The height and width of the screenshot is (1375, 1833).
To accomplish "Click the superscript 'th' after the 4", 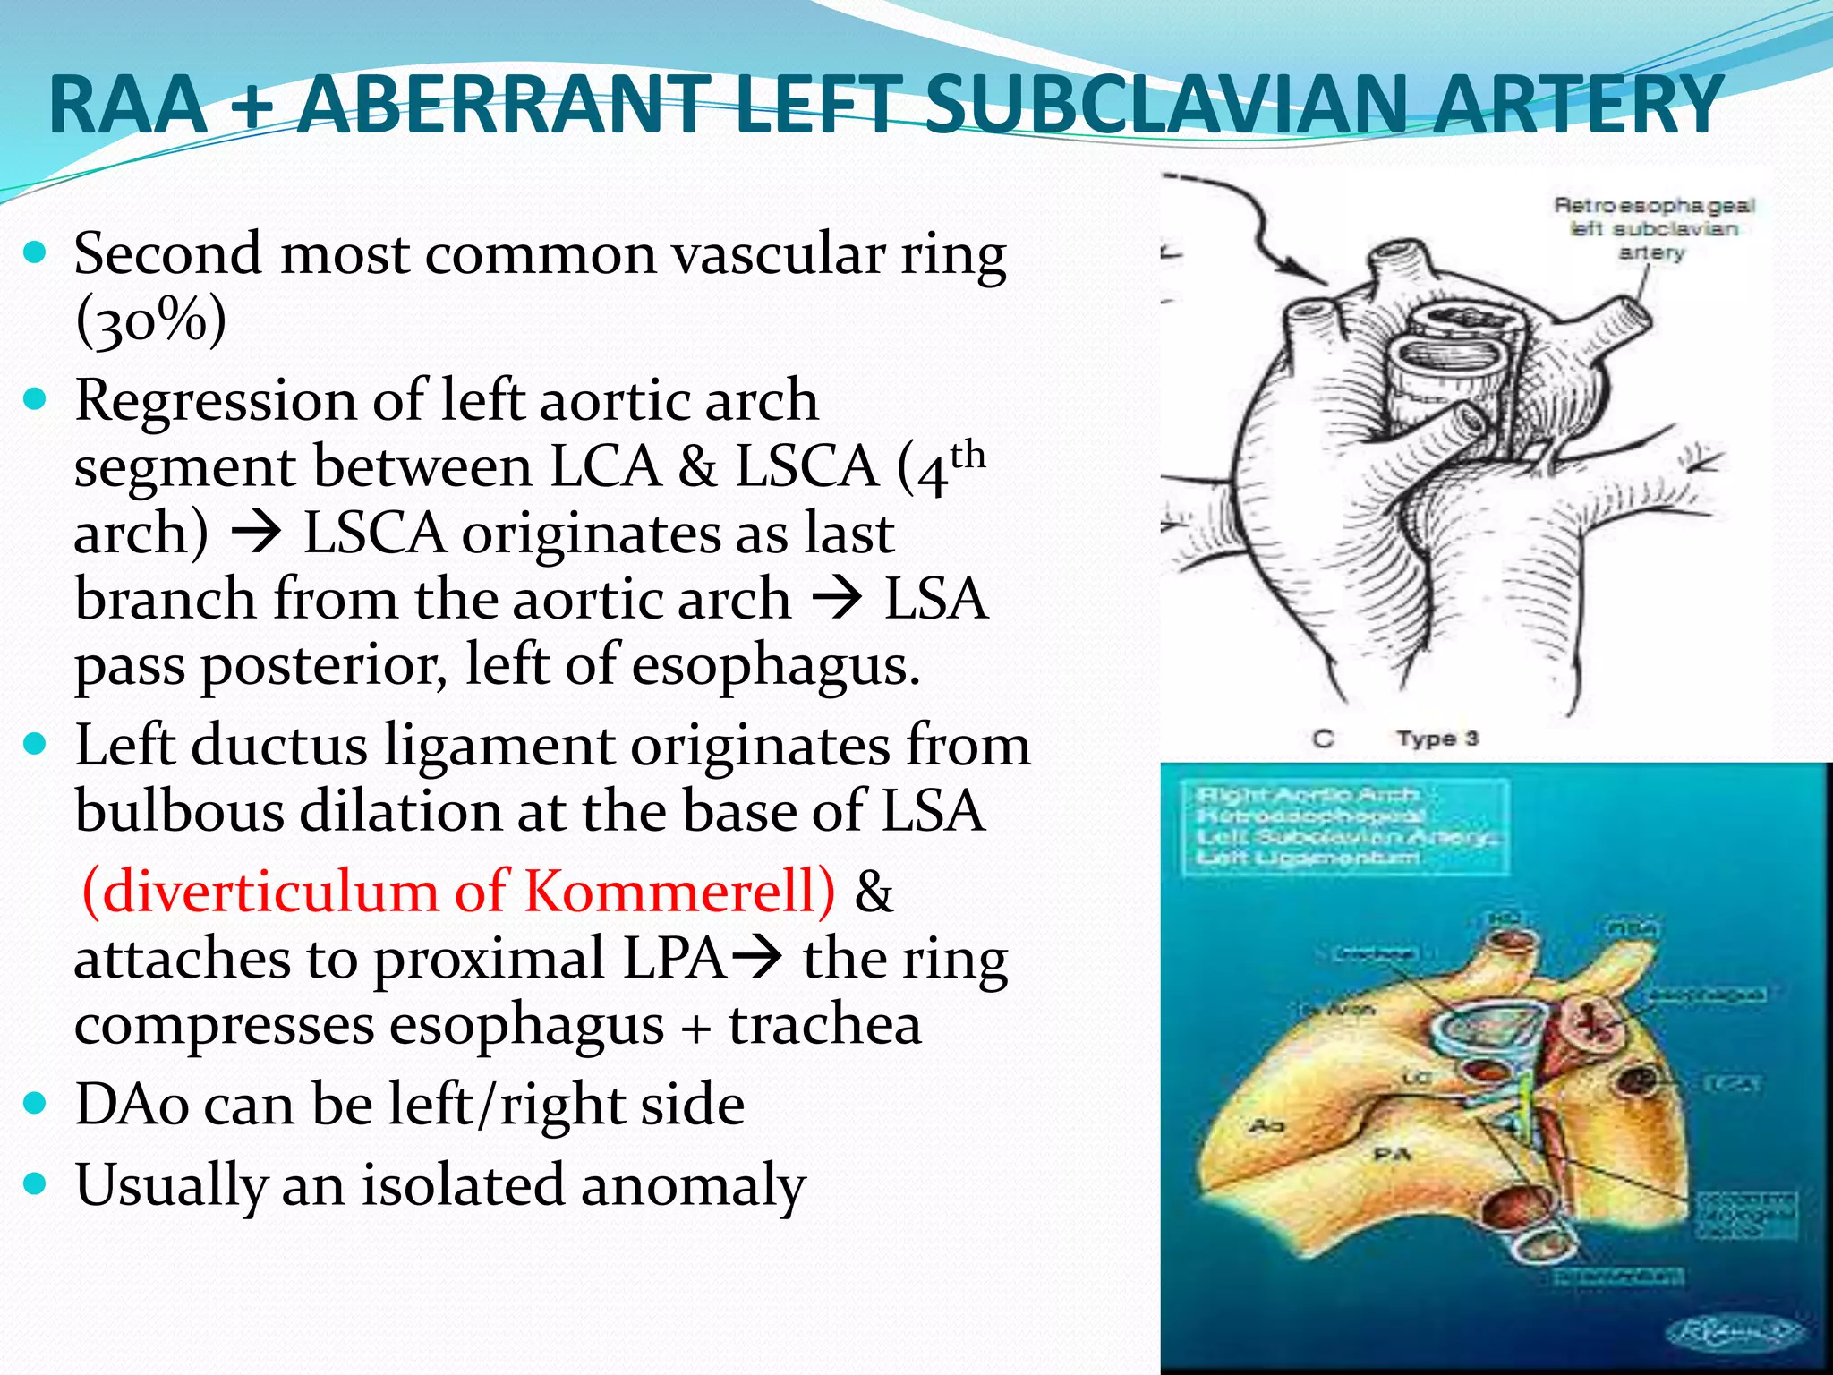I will click(x=968, y=456).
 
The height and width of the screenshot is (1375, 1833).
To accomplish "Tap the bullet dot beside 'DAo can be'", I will click(x=35, y=1104).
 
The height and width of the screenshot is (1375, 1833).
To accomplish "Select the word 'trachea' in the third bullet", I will click(x=824, y=1026).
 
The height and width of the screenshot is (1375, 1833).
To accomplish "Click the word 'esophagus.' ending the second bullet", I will click(x=776, y=667).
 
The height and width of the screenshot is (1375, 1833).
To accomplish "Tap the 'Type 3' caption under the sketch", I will click(x=1437, y=739).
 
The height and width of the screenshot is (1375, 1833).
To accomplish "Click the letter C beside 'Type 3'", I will click(x=1323, y=739).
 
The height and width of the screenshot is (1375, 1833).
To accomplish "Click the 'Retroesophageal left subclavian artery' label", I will click(x=1653, y=229).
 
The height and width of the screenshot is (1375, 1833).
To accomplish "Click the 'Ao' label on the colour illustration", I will click(x=1266, y=1124).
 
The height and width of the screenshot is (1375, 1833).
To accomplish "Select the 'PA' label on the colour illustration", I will click(x=1392, y=1156).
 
